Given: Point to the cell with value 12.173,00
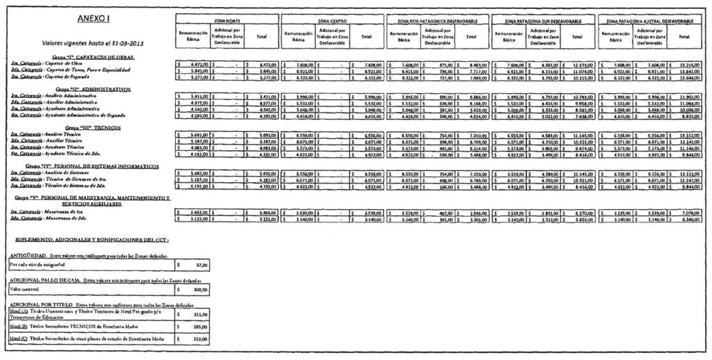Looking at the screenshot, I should pos(583,64).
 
